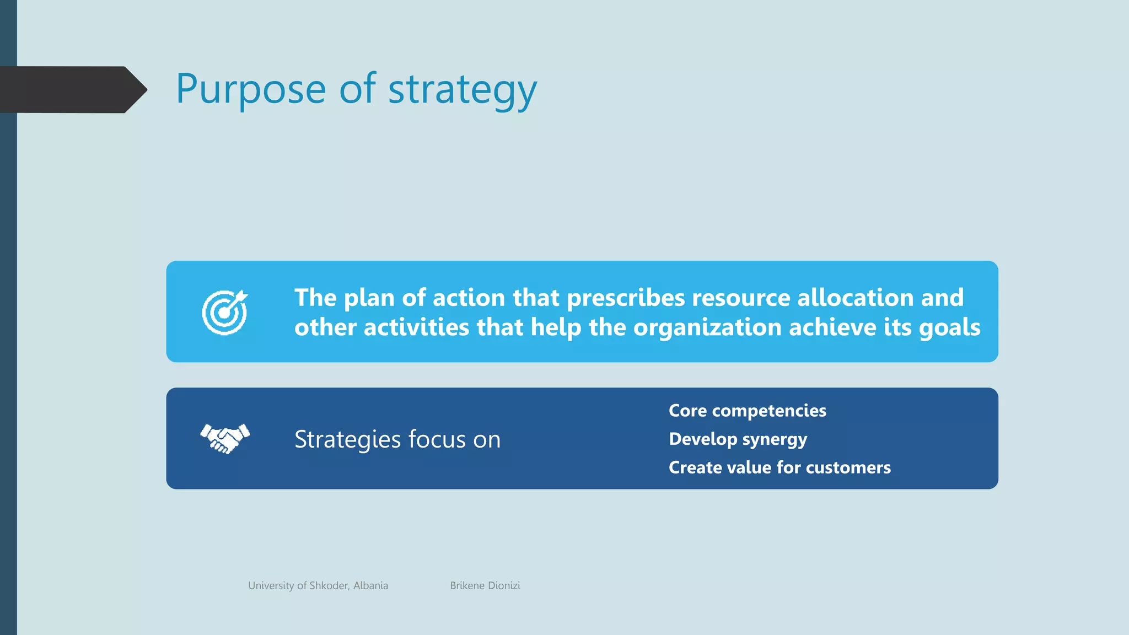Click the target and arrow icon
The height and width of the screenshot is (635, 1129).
tap(224, 312)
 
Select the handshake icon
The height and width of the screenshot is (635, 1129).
tap(225, 438)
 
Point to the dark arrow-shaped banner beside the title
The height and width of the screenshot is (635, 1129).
tap(72, 89)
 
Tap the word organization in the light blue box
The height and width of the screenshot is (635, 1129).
tap(707, 328)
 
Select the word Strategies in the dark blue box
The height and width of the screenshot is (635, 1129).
tap(347, 439)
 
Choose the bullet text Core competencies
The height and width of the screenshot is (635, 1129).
tap(747, 411)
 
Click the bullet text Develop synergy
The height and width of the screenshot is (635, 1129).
tap(738, 439)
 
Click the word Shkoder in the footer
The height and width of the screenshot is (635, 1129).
tap(329, 585)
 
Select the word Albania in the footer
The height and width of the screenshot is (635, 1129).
tap(370, 585)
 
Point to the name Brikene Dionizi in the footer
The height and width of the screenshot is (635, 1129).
tap(485, 585)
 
